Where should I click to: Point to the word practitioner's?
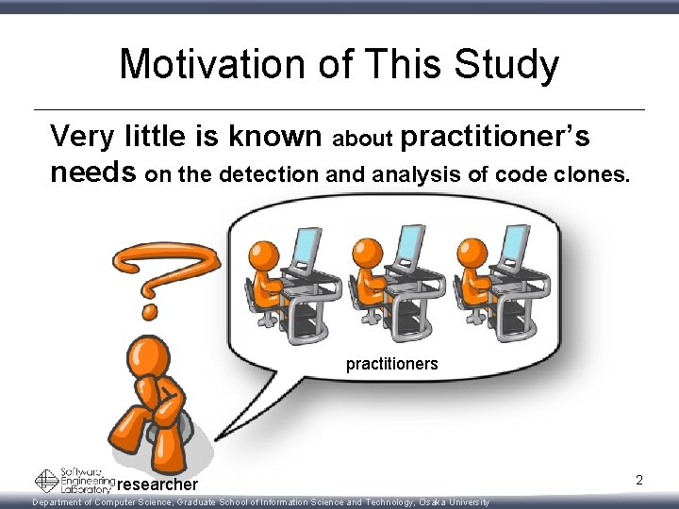[496, 138]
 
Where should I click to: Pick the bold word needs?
[94, 172]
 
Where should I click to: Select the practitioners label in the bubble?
[391, 363]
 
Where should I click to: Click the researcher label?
[159, 484]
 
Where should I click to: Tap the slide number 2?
[638, 481]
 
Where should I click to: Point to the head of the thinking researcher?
[149, 356]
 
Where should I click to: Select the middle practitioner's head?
[368, 253]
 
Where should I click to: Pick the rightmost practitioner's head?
[472, 253]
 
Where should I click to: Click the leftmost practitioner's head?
[264, 253]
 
